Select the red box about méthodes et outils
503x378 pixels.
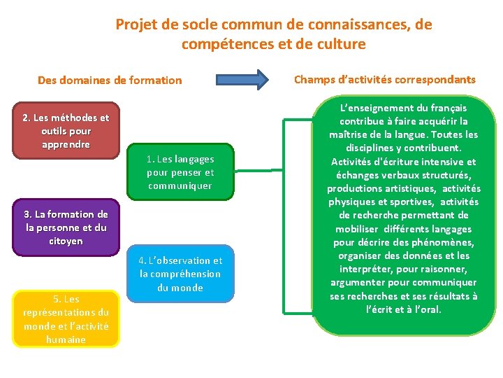(x=66, y=132)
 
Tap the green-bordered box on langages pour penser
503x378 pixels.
(x=180, y=172)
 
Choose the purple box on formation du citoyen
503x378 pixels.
(x=66, y=227)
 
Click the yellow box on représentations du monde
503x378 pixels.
(x=66, y=319)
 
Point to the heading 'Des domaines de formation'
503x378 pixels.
(x=110, y=80)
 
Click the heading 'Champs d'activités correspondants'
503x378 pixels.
(x=384, y=79)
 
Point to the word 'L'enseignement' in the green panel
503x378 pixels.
(x=373, y=108)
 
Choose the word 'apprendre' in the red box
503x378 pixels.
(x=66, y=145)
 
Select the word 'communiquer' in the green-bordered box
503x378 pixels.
(x=180, y=185)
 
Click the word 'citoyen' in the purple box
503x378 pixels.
(x=66, y=241)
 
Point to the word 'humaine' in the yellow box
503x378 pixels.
(x=66, y=339)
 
